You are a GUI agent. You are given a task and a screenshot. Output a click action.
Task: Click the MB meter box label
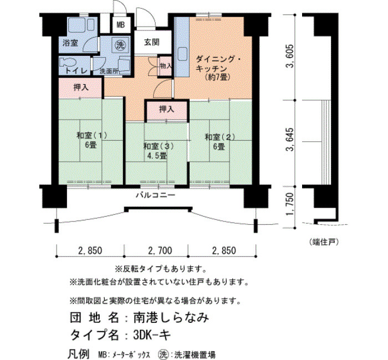coord(120,25)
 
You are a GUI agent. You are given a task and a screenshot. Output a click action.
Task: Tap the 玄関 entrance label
coord(152,43)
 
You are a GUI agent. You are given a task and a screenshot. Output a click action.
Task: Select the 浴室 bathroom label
coord(70,43)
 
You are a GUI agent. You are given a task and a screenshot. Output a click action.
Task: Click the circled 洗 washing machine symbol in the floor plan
coord(120,45)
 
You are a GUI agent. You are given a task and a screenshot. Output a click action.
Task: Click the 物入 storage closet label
coord(166,66)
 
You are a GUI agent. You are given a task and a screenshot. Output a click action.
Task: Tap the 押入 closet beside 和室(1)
coord(81,88)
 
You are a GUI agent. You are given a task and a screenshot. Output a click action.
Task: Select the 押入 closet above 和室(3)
coord(166,109)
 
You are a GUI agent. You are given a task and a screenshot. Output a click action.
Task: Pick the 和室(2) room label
coord(219,137)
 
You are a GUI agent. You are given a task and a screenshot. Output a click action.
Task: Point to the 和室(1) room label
coord(91,136)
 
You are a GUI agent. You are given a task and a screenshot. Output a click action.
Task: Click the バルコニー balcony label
coord(156,195)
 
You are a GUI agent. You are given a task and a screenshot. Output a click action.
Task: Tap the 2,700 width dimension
coord(160,251)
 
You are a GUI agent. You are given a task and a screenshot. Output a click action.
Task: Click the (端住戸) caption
coord(324,242)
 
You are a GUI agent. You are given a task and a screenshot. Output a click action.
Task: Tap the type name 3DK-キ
coord(152,335)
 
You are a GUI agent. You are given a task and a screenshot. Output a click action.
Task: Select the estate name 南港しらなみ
coord(171,318)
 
